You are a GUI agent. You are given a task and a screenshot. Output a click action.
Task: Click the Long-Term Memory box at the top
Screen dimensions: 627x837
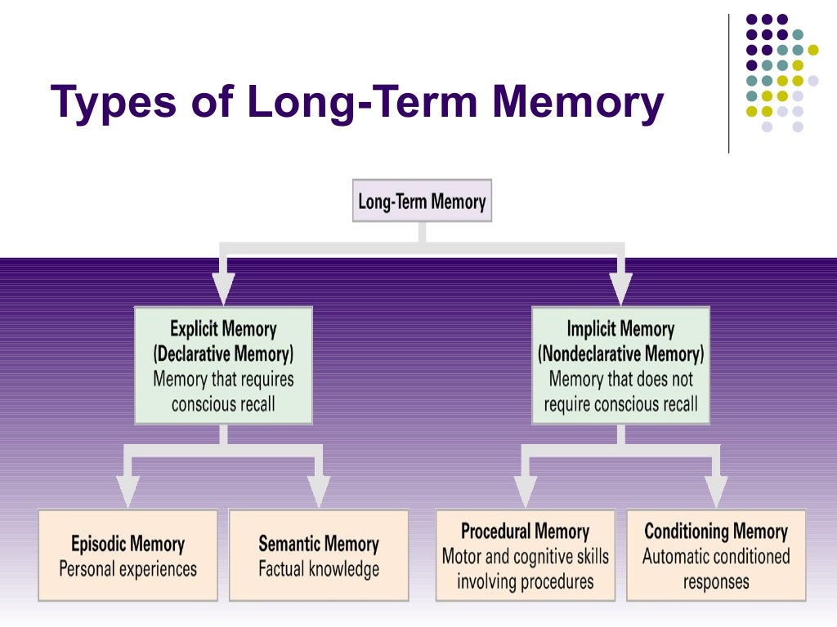422,201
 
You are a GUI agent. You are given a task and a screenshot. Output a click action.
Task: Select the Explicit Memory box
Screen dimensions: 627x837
223,365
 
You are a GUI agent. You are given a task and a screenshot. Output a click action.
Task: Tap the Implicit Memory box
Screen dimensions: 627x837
620,365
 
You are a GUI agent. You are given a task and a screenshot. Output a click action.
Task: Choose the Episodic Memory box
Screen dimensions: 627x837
128,555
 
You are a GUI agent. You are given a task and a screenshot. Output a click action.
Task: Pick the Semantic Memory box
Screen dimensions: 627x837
319,555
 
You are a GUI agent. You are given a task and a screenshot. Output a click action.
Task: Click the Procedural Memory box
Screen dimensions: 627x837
525,555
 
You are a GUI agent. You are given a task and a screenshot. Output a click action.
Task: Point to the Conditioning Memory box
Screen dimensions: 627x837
716,555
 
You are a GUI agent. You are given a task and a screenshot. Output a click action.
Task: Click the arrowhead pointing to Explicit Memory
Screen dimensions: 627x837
223,288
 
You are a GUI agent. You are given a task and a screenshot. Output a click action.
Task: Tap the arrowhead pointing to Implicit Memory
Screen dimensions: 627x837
620,288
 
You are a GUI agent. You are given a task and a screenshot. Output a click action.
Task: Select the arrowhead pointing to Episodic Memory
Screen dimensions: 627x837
128,490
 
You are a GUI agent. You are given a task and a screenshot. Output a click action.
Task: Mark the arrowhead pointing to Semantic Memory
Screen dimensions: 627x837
319,490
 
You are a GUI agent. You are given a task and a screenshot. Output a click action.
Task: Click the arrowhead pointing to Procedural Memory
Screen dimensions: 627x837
525,490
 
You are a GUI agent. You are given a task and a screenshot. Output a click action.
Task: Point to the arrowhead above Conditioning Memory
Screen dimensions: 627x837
716,490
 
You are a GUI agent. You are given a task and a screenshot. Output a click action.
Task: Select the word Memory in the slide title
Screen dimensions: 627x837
582,104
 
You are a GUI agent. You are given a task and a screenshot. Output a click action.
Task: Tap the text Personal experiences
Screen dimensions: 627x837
128,568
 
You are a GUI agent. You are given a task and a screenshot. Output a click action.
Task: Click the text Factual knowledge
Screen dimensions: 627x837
319,568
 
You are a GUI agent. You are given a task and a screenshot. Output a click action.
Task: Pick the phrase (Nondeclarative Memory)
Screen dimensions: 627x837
620,354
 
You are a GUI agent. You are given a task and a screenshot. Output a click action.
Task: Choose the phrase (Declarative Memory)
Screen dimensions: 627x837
223,354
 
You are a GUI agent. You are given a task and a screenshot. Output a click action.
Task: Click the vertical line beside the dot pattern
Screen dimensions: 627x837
728,82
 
